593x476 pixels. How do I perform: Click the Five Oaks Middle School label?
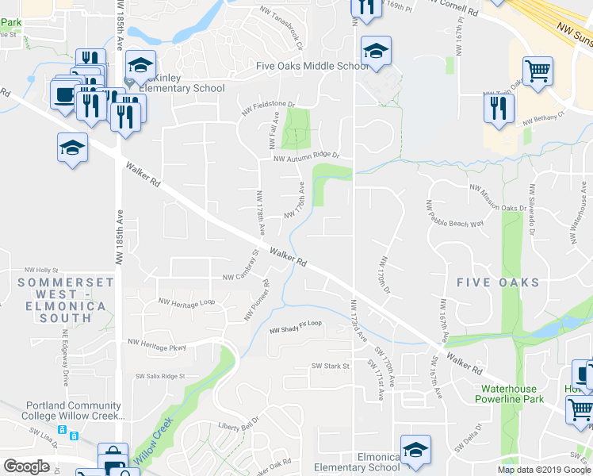[312, 66]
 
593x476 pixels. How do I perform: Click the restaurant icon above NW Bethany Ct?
[499, 109]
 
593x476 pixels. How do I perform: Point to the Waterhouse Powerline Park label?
[512, 394]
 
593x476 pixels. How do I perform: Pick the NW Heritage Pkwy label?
[156, 344]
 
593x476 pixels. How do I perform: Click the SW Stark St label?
[331, 366]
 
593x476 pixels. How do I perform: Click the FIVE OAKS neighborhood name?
[498, 282]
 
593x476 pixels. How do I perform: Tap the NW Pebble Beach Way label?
[455, 213]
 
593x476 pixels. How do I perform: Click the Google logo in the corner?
[26, 466]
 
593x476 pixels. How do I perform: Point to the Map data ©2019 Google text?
[544, 470]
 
